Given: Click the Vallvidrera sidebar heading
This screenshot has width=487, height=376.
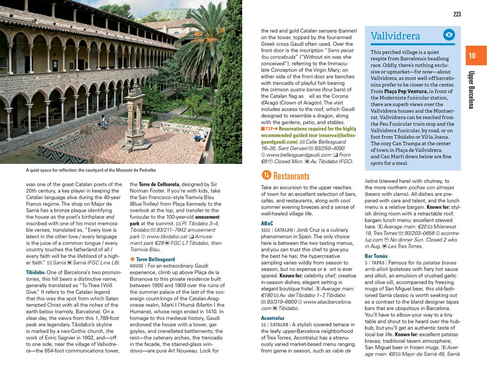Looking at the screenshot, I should (395, 36).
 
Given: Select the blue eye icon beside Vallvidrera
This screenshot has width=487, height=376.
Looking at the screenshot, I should (449, 35).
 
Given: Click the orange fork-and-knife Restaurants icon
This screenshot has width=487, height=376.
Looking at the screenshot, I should (266, 175).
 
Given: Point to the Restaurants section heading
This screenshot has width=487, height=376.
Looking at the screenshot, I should (291, 176).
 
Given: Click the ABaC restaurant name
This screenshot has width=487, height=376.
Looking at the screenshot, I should (267, 223).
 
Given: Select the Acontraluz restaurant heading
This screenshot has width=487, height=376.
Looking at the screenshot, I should (273, 318).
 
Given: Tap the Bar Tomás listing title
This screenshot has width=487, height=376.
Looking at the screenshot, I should (376, 256).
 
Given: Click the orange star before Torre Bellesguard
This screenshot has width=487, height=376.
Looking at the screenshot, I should (132, 259).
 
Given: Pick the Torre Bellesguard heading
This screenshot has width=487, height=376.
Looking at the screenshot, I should (155, 259).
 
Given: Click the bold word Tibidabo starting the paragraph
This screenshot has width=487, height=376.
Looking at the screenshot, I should (36, 272).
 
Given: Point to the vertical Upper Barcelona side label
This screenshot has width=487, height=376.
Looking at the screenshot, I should (471, 90).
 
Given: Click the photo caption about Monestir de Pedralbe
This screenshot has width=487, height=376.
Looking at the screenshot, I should (91, 170).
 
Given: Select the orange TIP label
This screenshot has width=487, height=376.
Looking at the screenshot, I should (268, 129).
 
